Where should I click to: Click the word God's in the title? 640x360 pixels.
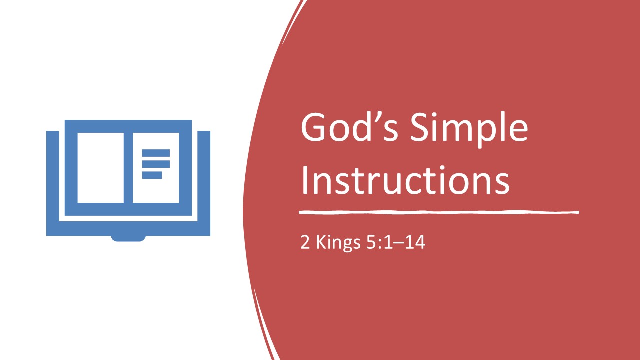[349, 127]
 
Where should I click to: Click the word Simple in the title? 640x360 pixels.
[469, 130]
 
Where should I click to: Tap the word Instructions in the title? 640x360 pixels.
[405, 180]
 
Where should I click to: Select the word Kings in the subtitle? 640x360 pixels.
[338, 243]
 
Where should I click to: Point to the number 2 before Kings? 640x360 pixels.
[305, 242]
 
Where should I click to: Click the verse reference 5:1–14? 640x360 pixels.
[395, 242]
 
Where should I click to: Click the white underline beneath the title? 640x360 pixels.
[439, 212]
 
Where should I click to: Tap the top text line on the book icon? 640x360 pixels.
[156, 153]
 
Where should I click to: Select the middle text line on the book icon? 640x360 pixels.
[156, 164]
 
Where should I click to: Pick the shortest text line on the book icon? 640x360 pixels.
[152, 175]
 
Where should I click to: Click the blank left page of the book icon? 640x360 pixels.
[101, 168]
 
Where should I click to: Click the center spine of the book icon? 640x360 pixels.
[128, 168]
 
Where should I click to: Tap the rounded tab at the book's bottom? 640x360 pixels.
[128, 238]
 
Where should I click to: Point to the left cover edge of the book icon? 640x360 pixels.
[53, 183]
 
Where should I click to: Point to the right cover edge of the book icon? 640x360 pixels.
[204, 183]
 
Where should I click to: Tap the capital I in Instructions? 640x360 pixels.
[304, 180]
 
